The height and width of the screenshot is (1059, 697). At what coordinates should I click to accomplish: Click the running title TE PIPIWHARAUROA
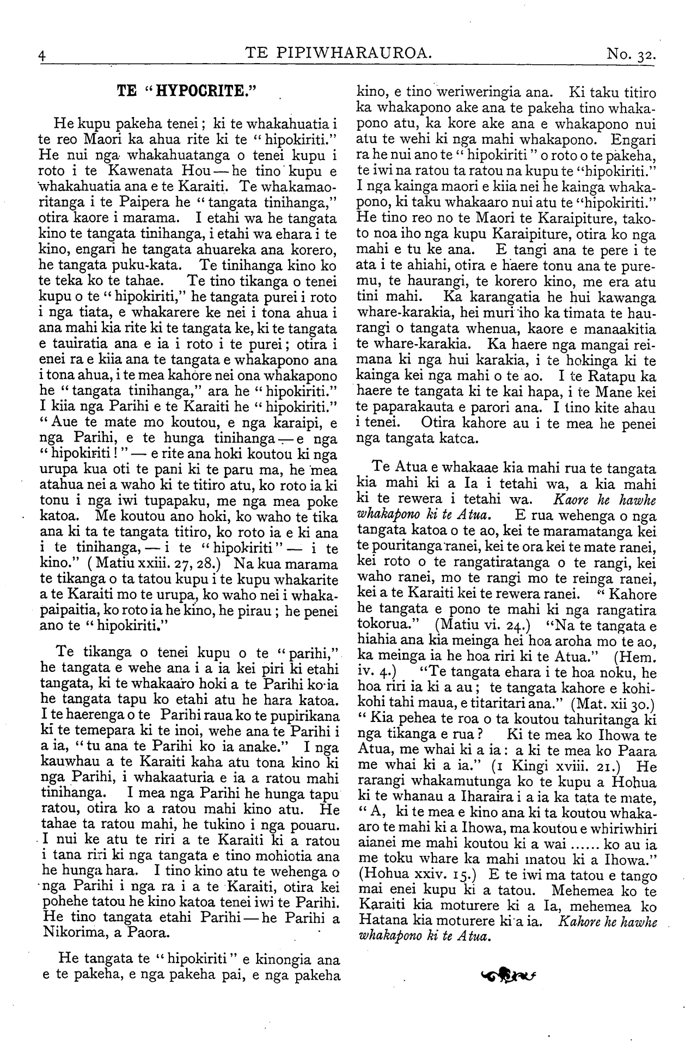[339, 53]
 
